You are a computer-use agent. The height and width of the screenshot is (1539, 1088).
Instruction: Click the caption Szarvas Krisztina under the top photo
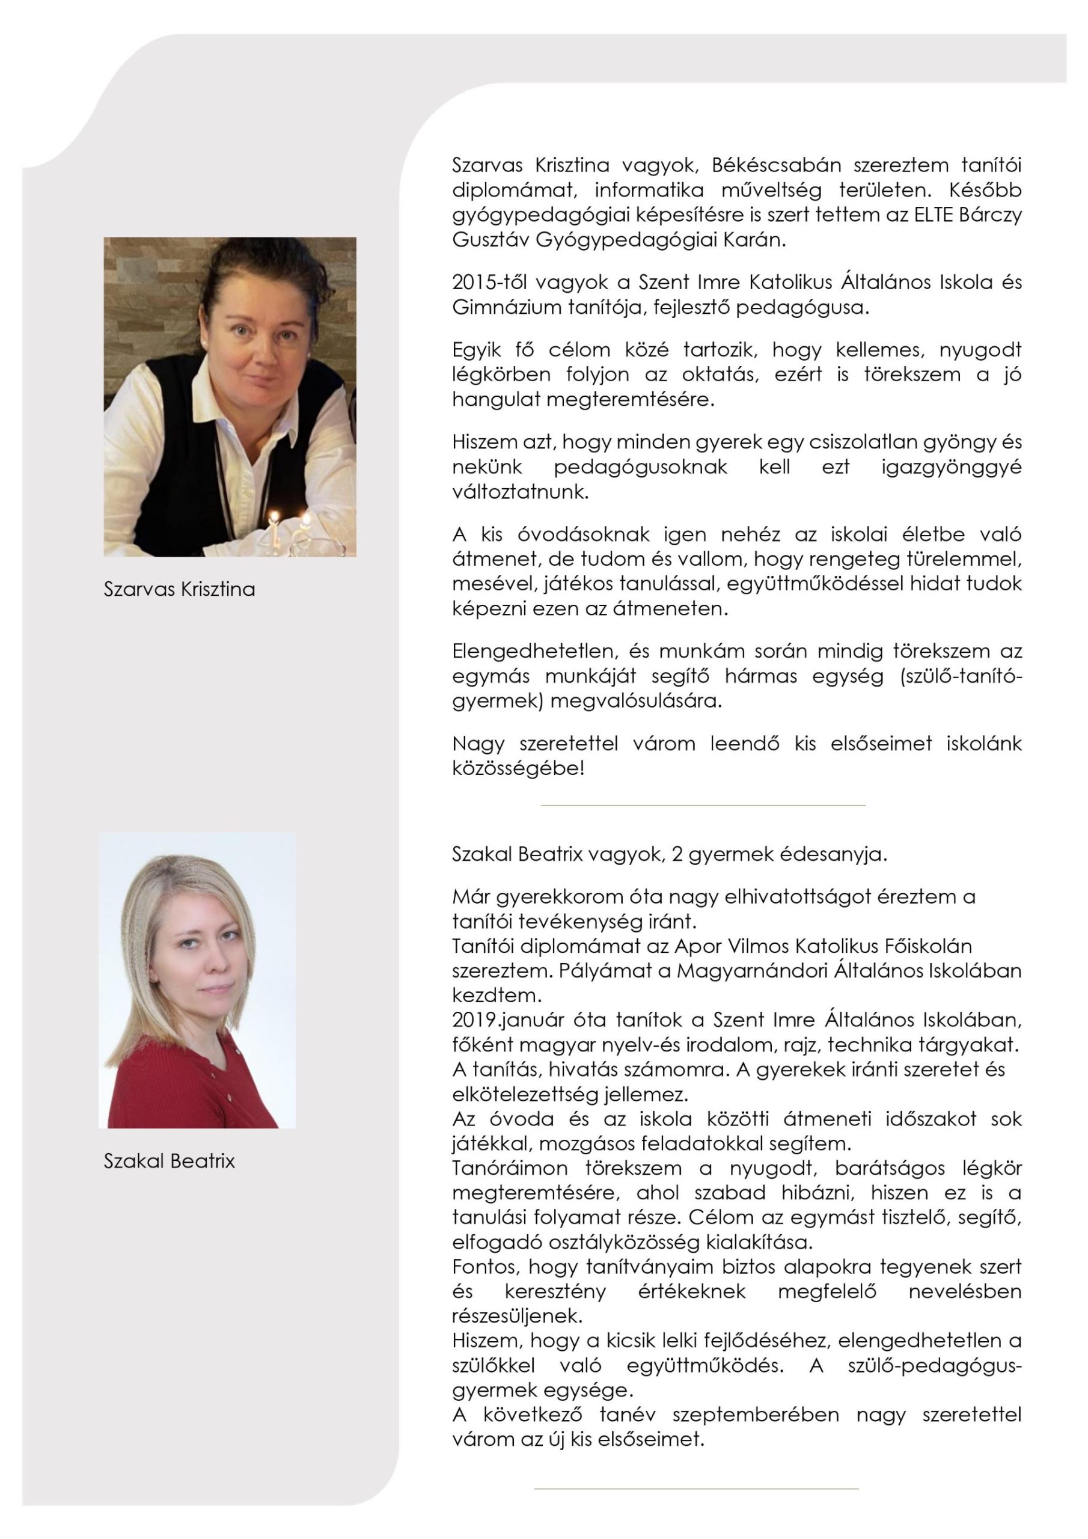179,589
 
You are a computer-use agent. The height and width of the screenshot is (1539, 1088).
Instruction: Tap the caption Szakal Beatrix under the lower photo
169,1161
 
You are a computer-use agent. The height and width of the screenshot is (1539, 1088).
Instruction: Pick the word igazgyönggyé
951,467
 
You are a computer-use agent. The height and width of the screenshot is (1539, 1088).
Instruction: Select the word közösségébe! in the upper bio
518,768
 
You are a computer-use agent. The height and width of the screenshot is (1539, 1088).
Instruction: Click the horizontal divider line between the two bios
703,804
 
